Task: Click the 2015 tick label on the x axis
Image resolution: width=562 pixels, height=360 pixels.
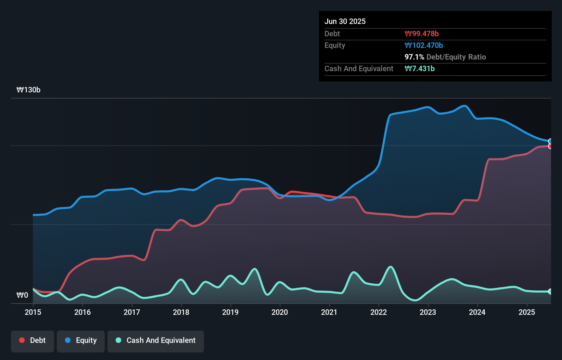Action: [33, 312]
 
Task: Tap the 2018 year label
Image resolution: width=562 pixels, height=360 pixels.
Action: [181, 312]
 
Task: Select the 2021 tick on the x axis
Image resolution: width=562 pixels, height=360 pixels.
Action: [329, 312]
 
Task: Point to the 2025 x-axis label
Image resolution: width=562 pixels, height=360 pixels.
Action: [527, 312]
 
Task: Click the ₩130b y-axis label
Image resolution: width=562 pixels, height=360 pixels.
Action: [28, 90]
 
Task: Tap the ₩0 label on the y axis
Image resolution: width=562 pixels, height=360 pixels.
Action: [22, 295]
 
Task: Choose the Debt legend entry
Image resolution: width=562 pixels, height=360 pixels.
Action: [33, 340]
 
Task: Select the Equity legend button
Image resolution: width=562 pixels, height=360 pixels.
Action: [81, 340]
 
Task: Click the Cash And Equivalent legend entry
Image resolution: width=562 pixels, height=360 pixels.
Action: [156, 340]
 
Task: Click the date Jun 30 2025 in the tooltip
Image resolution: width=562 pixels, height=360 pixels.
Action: [345, 21]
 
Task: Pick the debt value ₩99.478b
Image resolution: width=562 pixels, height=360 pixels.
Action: [422, 34]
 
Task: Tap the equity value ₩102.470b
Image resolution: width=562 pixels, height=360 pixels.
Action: [424, 45]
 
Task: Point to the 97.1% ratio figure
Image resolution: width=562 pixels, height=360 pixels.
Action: [414, 57]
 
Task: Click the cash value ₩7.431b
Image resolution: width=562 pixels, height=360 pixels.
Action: [420, 68]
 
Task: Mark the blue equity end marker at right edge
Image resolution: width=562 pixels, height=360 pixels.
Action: [550, 141]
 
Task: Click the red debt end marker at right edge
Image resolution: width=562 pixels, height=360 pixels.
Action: [550, 146]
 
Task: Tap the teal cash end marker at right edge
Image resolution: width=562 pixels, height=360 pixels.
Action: [550, 292]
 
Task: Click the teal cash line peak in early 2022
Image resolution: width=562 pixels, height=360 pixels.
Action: [390, 267]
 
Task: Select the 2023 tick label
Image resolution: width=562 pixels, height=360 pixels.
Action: [428, 312]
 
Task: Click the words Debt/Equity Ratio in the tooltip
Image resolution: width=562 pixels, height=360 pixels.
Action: [456, 57]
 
